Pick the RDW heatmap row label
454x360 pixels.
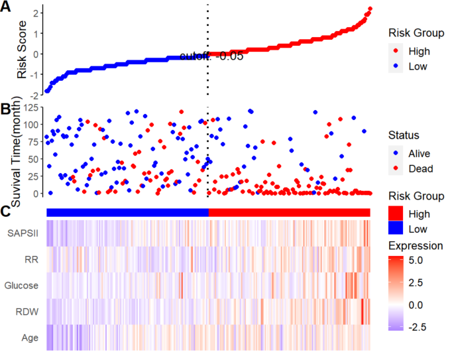(28, 311)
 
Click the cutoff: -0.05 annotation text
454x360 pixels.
(211, 57)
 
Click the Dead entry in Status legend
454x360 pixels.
(420, 169)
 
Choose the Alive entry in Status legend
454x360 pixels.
(420, 153)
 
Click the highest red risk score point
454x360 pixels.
(369, 9)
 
